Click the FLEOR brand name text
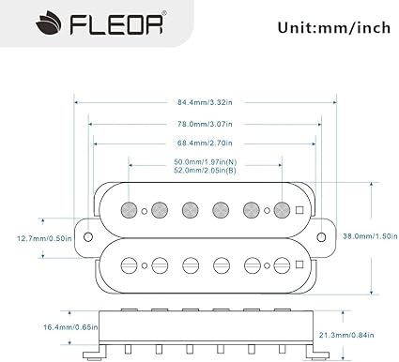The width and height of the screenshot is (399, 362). (116, 23)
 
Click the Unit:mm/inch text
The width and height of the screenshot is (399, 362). (334, 28)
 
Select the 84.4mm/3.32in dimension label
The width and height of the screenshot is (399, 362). (205, 102)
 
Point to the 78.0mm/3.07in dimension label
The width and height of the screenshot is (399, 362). (205, 124)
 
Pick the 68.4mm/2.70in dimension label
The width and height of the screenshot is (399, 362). (205, 143)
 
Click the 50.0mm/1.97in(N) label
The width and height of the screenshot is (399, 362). (206, 162)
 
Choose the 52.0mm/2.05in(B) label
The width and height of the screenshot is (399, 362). (206, 171)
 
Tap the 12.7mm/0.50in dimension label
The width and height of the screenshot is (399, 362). (44, 238)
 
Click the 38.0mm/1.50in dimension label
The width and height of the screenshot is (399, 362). (370, 236)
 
